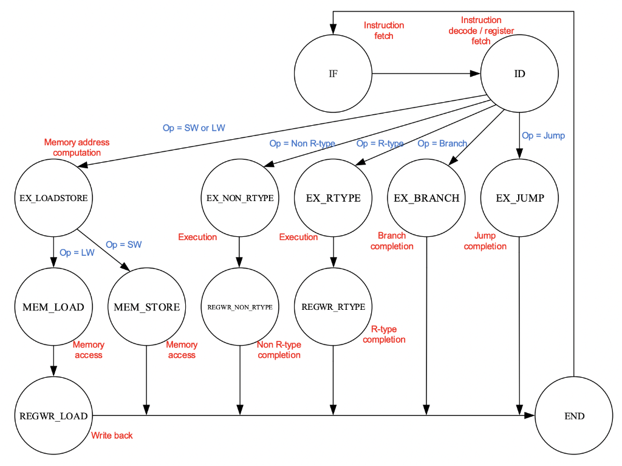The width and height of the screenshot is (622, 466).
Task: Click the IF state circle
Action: click(x=333, y=74)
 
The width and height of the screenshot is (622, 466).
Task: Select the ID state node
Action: click(x=519, y=74)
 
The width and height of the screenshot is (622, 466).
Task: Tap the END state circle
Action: click(x=573, y=416)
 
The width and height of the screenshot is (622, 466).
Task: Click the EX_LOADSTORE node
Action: click(x=54, y=198)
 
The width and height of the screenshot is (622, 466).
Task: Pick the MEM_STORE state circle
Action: click(x=147, y=307)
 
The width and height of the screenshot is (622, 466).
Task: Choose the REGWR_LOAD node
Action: click(x=54, y=416)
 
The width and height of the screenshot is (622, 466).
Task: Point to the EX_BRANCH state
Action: click(x=426, y=198)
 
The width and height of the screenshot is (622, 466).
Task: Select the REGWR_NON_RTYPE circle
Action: click(x=240, y=307)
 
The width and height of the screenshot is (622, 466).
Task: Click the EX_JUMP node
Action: click(x=519, y=198)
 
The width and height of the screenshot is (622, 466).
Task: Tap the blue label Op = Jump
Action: click(x=542, y=135)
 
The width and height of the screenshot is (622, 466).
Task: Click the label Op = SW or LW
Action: click(x=193, y=128)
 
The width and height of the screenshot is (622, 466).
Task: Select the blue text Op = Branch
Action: click(x=442, y=143)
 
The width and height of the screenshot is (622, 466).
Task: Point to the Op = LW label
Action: click(x=77, y=252)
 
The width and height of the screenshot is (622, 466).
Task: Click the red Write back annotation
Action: click(x=112, y=435)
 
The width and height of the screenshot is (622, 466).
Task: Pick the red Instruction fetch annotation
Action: click(x=384, y=30)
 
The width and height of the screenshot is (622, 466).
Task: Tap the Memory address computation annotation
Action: click(x=77, y=147)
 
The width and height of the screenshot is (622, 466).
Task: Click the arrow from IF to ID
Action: click(x=425, y=74)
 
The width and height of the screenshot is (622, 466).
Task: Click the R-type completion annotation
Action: click(x=384, y=334)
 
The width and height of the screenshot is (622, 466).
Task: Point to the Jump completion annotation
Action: click(x=485, y=241)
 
